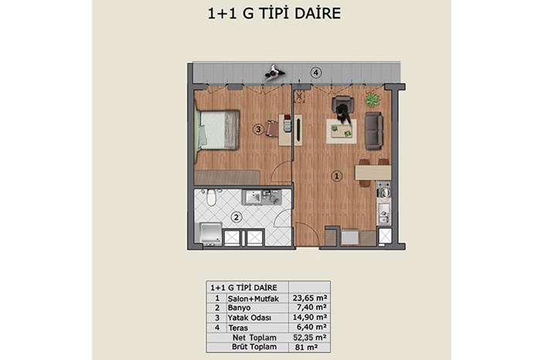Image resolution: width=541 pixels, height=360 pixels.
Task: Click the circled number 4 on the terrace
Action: (315, 73)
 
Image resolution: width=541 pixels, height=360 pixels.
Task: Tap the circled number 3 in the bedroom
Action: (258, 130)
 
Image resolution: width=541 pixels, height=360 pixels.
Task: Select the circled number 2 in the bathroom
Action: (236, 217)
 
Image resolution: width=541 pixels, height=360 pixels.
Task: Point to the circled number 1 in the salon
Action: (337, 176)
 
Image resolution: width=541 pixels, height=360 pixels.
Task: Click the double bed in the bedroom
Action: (216, 130)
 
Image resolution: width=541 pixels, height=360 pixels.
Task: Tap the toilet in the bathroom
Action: (211, 197)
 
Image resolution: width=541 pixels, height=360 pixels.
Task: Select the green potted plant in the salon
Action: (373, 100)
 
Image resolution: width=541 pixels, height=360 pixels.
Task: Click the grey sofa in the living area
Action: (373, 131)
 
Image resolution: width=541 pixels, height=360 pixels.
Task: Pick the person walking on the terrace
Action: (274, 73)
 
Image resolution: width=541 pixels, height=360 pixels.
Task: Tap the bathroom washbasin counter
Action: (261, 197)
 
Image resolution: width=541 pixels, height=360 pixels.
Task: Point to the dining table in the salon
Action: (373, 172)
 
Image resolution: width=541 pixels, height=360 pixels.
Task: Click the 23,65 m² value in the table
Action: (309, 298)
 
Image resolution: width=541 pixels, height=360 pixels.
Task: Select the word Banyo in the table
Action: (239, 307)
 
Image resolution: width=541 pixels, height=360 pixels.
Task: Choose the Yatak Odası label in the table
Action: (249, 318)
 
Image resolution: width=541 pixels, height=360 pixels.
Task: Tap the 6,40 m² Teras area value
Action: (310, 327)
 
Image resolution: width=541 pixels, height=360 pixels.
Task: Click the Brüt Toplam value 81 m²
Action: (306, 347)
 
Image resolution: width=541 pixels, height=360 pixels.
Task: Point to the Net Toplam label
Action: (254, 338)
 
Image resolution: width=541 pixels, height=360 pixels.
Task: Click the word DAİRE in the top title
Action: (318, 13)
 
